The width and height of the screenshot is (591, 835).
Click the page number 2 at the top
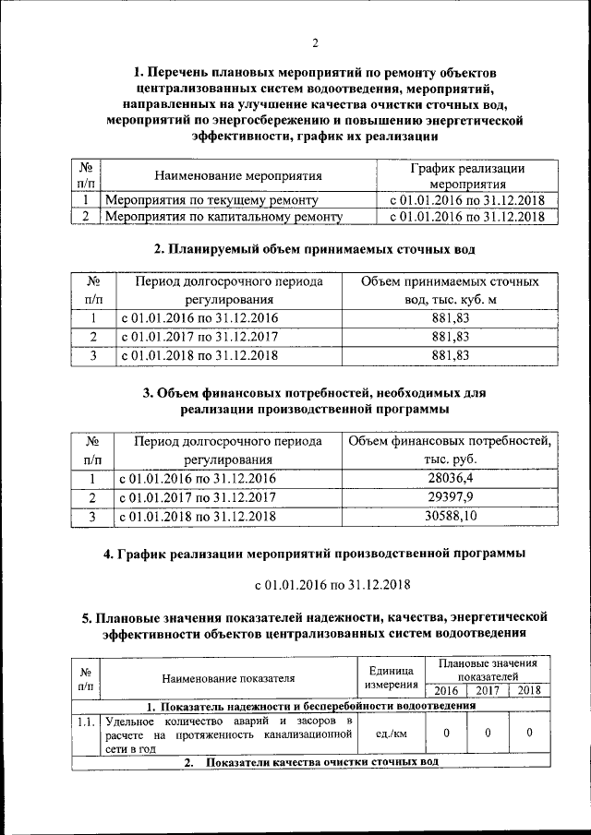pyautogui.click(x=314, y=42)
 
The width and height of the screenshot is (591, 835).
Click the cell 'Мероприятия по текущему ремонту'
pyautogui.click(x=212, y=200)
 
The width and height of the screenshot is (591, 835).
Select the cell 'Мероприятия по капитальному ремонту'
pyautogui.click(x=224, y=218)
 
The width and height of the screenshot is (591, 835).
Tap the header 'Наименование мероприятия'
pyautogui.click(x=238, y=175)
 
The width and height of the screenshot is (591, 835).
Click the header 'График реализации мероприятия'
pyautogui.click(x=466, y=175)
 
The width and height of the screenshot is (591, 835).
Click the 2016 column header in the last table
pyautogui.click(x=445, y=690)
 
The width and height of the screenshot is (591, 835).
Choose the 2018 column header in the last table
pyautogui.click(x=529, y=690)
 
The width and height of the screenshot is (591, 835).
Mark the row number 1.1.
pyautogui.click(x=86, y=720)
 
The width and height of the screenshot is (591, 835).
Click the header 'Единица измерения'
pyautogui.click(x=389, y=678)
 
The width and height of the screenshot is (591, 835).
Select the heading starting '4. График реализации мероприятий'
pyautogui.click(x=314, y=554)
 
